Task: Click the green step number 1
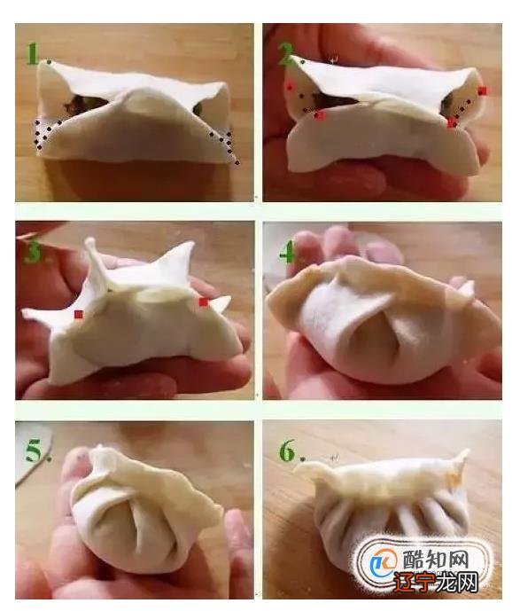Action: coord(33,55)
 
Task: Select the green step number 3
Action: coord(33,253)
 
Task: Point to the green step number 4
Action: coord(286,255)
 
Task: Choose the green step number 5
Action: coord(33,451)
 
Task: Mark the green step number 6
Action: coord(286,451)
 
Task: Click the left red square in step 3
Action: coord(79,314)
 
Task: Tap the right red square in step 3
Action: coord(203,302)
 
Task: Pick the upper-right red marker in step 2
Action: coord(482,90)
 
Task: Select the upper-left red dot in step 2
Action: coord(290,87)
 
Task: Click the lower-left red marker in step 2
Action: coord(320,115)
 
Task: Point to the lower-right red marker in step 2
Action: coord(452,123)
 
